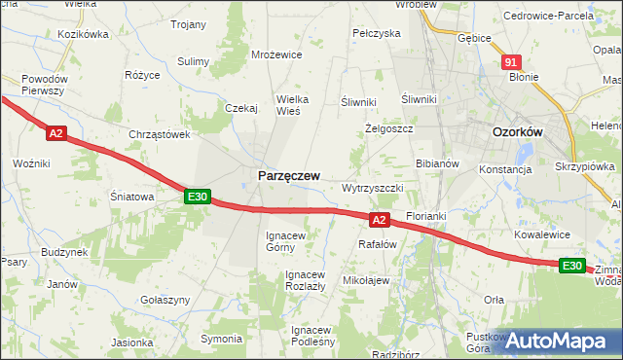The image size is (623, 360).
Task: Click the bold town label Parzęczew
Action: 288,175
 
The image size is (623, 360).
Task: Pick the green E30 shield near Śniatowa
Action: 198,197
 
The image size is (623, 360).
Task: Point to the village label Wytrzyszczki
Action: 373,187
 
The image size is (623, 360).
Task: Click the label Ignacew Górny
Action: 286,240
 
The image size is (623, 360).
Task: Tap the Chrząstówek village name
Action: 159,134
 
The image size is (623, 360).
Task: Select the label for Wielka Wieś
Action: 279,104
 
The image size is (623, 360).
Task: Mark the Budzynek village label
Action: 64,251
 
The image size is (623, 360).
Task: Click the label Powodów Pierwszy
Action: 43,84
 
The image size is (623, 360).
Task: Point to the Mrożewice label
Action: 275,55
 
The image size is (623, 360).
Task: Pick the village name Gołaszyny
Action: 164,301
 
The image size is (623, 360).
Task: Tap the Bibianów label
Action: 437,163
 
